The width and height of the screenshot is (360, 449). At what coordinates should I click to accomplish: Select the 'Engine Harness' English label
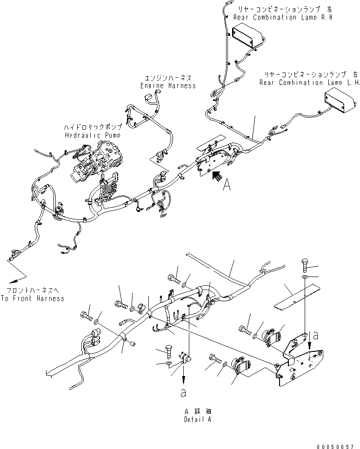pyautogui.click(x=168, y=86)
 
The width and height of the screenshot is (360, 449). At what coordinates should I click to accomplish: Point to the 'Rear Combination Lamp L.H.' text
pyautogui.click(x=310, y=83)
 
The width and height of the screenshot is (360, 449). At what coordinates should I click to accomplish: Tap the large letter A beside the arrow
pyautogui.click(x=227, y=185)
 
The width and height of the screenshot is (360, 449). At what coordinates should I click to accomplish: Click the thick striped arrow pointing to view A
pyautogui.click(x=215, y=176)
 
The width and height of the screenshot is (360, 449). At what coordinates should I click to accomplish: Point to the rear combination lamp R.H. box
pyautogui.click(x=250, y=37)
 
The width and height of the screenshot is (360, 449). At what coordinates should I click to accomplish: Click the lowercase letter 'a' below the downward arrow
pyautogui.click(x=183, y=393)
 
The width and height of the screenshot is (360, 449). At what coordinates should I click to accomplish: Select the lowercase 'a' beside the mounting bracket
pyautogui.click(x=317, y=334)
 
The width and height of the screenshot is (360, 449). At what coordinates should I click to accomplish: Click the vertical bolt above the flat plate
pyautogui.click(x=304, y=264)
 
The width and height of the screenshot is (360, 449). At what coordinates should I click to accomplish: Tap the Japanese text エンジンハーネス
pyautogui.click(x=168, y=78)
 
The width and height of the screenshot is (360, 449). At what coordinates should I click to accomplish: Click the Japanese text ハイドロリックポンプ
pyautogui.click(x=93, y=127)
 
